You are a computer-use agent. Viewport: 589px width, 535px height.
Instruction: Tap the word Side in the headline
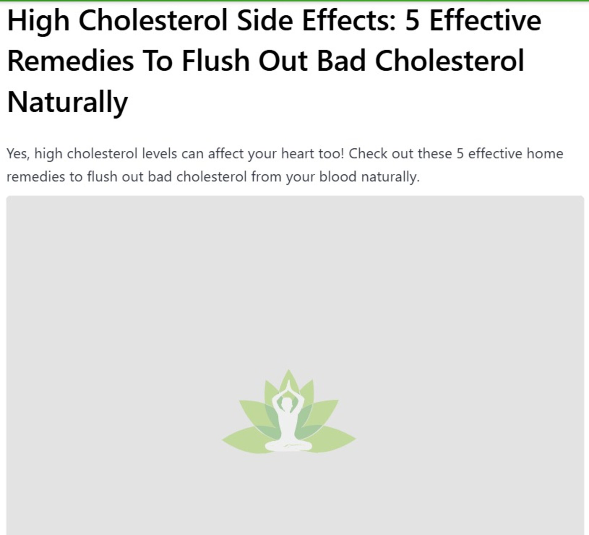(x=265, y=20)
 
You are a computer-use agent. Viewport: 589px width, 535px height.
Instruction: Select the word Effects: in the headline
(x=349, y=20)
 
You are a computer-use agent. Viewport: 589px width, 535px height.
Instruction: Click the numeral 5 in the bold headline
(x=412, y=21)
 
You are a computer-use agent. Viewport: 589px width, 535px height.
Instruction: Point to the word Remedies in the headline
(x=71, y=61)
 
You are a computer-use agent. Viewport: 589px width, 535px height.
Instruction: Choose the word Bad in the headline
(x=341, y=61)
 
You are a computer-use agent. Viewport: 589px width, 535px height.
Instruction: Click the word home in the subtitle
(x=545, y=153)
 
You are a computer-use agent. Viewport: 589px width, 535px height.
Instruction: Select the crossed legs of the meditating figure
(x=288, y=445)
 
